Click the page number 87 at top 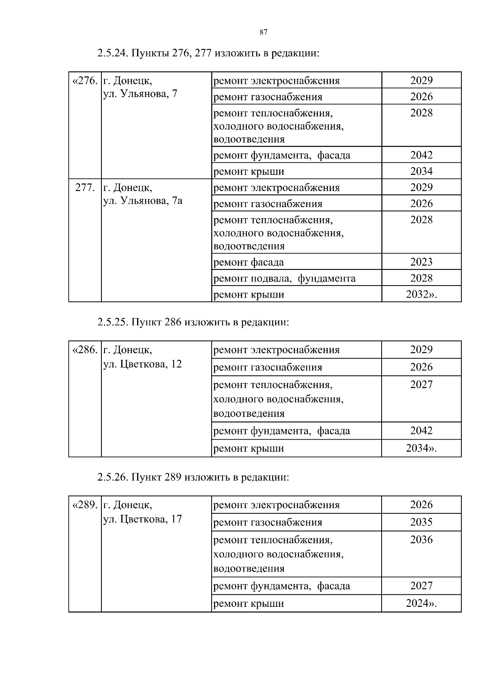click(x=263, y=33)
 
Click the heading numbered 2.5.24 click(x=208, y=53)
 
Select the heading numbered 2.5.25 click(x=193, y=322)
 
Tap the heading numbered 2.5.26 click(x=193, y=477)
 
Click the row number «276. click(x=85, y=81)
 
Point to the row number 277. click(x=85, y=188)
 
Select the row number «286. click(x=85, y=350)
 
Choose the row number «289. click(x=85, y=505)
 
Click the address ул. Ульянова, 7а click(x=143, y=201)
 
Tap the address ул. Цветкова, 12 click(x=143, y=364)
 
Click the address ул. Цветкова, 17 click(x=143, y=519)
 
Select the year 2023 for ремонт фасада click(x=421, y=262)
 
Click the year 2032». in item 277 click(x=421, y=294)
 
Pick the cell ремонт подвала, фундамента click(x=284, y=278)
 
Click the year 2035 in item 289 click(x=421, y=522)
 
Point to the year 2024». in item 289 click(x=421, y=603)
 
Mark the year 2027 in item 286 click(x=421, y=385)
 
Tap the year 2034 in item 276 click(x=421, y=171)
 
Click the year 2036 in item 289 click(x=421, y=540)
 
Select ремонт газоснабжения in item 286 click(x=268, y=367)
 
